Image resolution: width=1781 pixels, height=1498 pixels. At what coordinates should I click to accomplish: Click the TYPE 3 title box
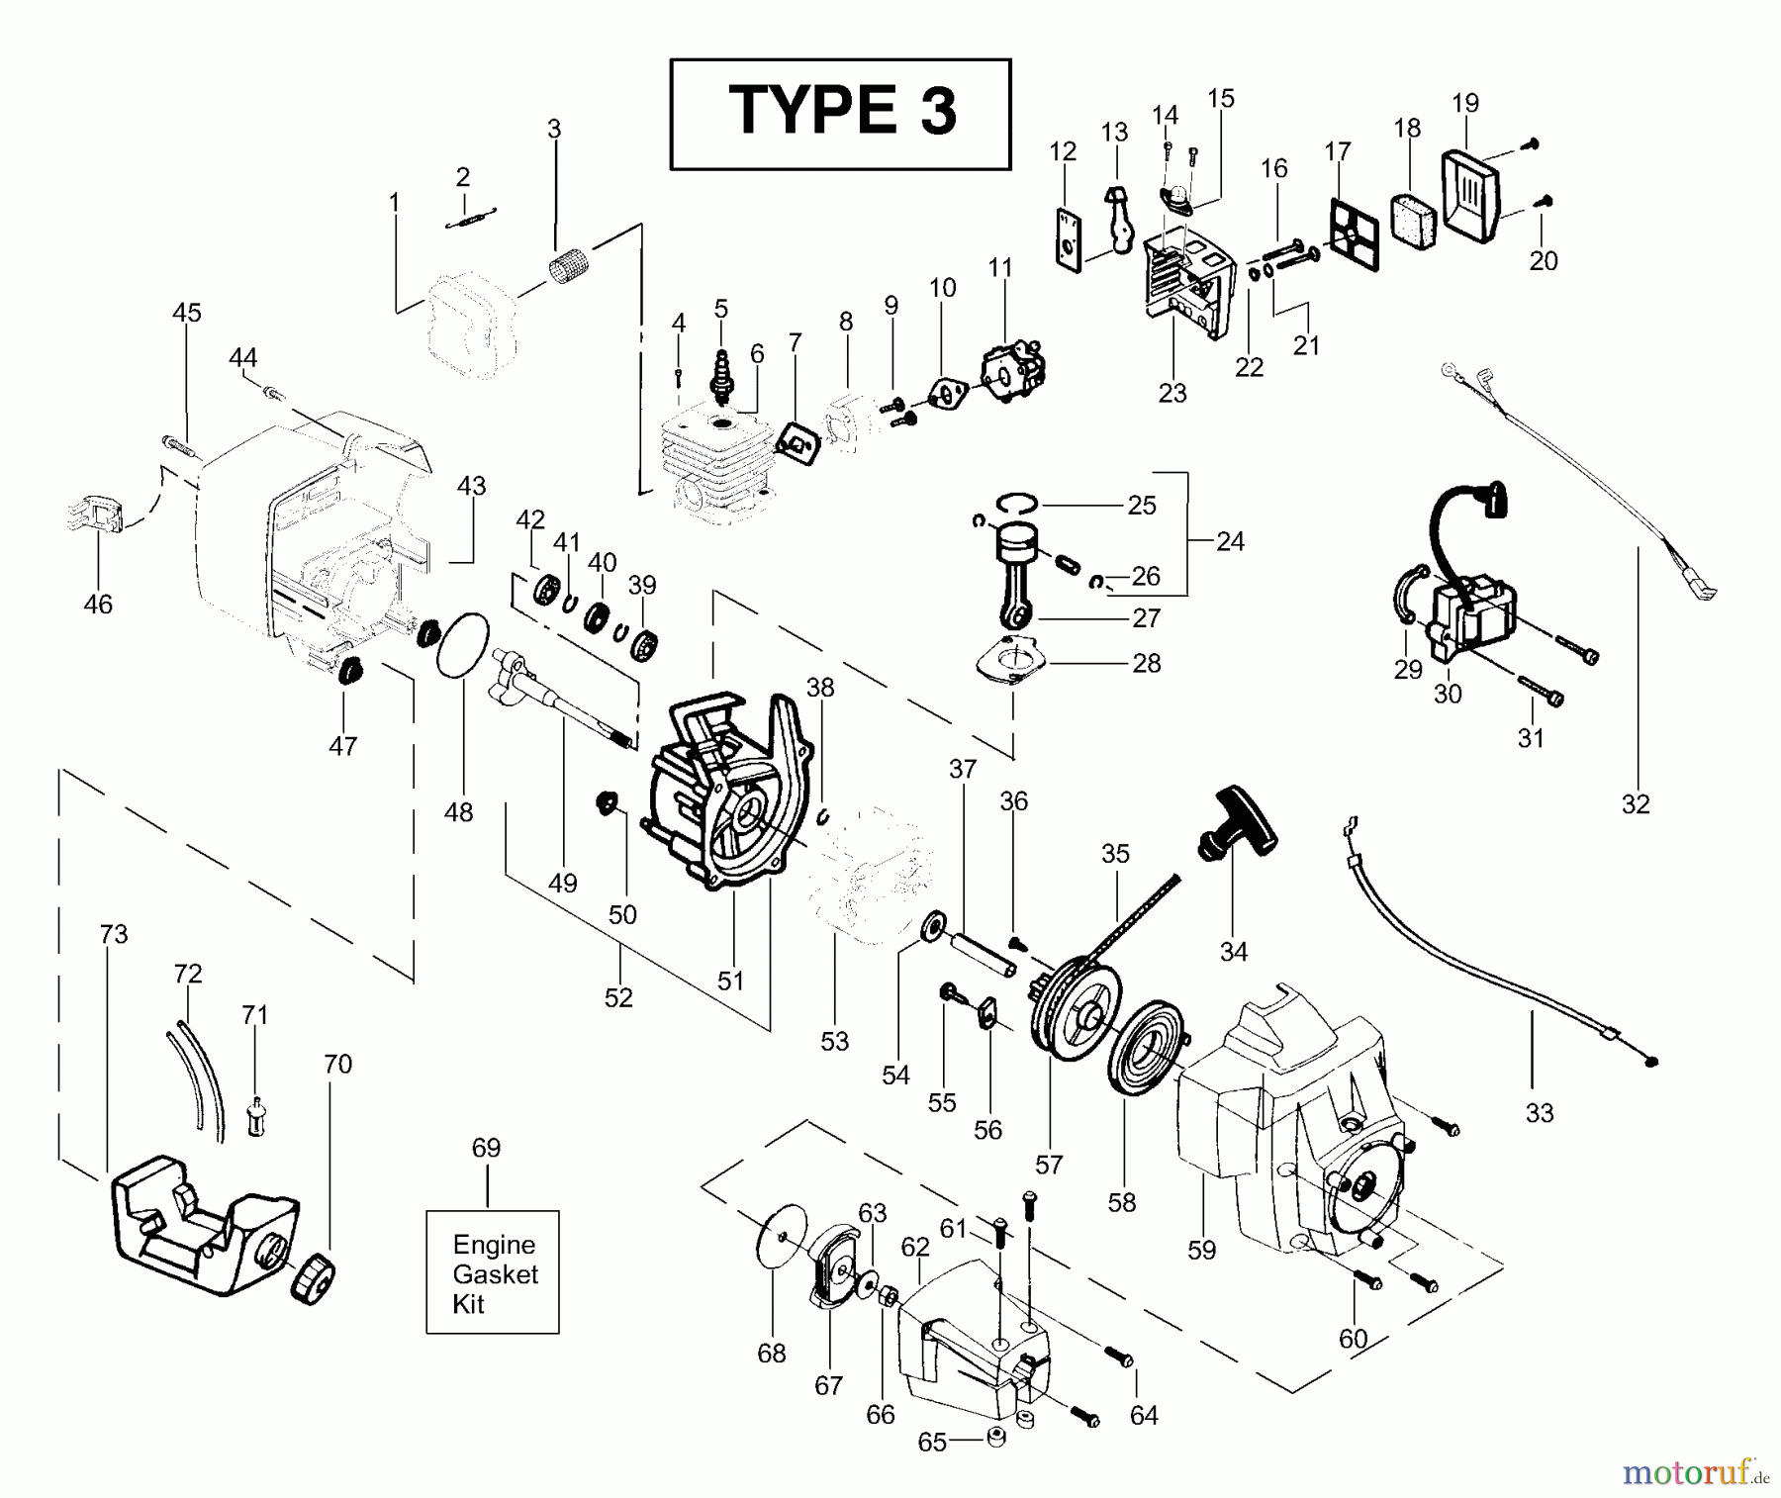point(840,113)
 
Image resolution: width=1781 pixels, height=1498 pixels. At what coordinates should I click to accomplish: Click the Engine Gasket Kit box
point(493,1272)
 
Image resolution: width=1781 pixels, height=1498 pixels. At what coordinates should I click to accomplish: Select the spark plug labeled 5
point(722,377)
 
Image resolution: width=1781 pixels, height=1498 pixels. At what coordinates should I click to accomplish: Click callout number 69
point(486,1148)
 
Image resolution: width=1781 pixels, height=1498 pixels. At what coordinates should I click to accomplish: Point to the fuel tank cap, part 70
point(314,1281)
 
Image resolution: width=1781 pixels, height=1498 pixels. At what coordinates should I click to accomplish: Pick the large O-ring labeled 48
point(463,645)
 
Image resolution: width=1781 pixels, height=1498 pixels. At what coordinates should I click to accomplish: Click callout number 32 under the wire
point(1636,804)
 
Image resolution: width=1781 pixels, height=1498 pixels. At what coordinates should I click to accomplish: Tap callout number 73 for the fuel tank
point(114,934)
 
